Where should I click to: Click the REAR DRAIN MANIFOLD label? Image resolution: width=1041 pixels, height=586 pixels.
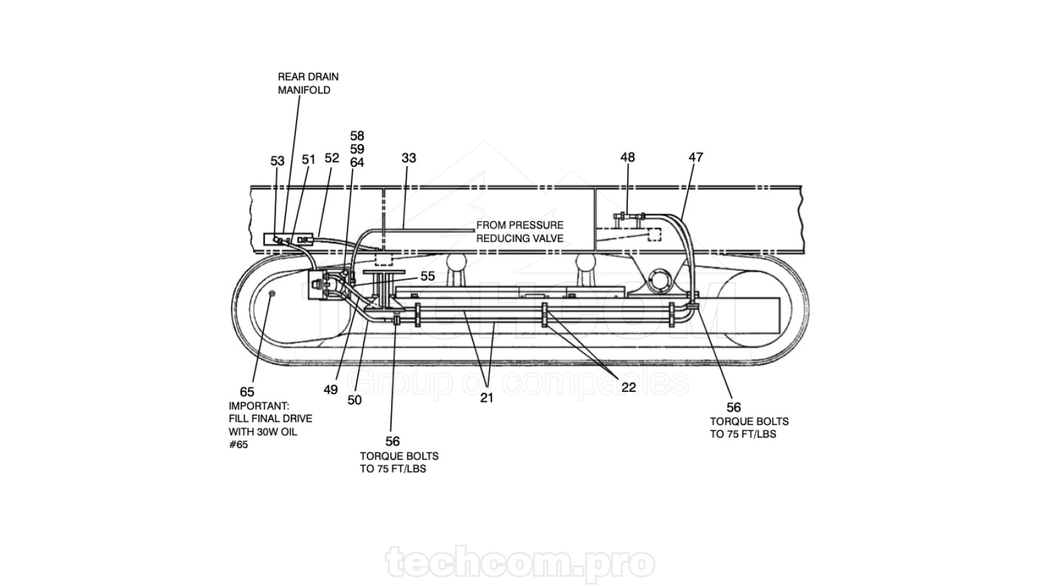pyautogui.click(x=308, y=83)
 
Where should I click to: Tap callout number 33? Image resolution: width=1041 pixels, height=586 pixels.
pyautogui.click(x=409, y=158)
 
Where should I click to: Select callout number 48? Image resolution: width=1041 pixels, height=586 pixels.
pyautogui.click(x=627, y=157)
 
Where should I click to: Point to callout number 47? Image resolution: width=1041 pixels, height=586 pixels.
pyautogui.click(x=696, y=157)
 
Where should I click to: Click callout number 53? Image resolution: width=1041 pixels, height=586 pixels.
pyautogui.click(x=277, y=161)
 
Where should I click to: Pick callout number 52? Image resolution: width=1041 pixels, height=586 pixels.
pyautogui.click(x=332, y=158)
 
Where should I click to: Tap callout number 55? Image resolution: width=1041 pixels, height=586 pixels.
pyautogui.click(x=427, y=276)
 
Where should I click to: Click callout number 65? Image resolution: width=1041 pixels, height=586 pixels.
pyautogui.click(x=247, y=391)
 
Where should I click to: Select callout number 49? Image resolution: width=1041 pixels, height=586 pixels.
pyautogui.click(x=331, y=390)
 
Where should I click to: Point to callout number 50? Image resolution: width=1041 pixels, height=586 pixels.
pyautogui.click(x=355, y=400)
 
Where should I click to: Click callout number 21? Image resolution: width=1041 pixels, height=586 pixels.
pyautogui.click(x=487, y=398)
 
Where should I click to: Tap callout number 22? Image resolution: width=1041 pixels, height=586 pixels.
pyautogui.click(x=629, y=387)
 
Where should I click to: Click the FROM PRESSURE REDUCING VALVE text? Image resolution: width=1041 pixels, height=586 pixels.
pyautogui.click(x=520, y=232)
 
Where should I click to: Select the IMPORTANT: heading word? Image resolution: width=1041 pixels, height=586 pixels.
pyautogui.click(x=259, y=406)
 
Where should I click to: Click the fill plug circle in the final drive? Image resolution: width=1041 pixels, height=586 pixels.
pyautogui.click(x=273, y=293)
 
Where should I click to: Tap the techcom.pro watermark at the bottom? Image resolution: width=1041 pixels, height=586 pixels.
pyautogui.click(x=520, y=563)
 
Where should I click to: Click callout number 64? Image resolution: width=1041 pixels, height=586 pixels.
pyautogui.click(x=357, y=163)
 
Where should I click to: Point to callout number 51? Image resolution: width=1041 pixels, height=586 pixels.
pyautogui.click(x=308, y=160)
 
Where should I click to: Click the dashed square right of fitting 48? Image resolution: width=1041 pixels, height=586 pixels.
pyautogui.click(x=655, y=234)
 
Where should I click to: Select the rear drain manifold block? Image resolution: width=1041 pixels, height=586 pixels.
pyautogui.click(x=288, y=240)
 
